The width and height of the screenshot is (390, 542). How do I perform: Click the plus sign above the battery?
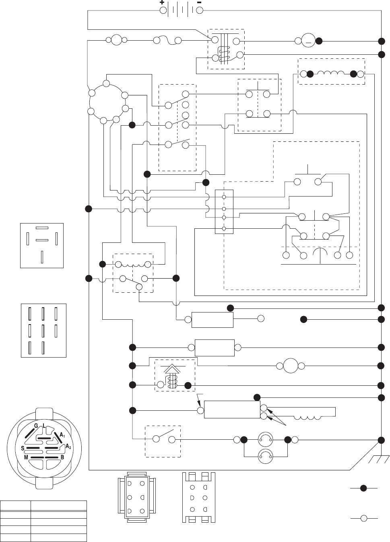tap(162, 2)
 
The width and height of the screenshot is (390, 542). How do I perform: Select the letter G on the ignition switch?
tap(35, 426)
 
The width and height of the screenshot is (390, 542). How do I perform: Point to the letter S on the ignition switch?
tap(23, 448)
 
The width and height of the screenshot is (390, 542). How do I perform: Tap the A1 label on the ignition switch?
tap(62, 434)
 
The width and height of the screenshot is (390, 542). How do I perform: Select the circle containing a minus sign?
tap(308, 41)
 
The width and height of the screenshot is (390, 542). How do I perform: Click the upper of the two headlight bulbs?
tap(265, 439)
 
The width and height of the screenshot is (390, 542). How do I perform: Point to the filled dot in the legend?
tap(363, 488)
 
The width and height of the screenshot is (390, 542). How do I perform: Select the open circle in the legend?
tap(363, 517)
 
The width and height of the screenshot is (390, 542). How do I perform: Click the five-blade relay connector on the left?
tap(42, 246)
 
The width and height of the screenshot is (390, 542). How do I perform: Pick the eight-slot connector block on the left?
tap(43, 330)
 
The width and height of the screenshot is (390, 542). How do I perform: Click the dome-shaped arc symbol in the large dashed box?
tap(320, 252)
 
